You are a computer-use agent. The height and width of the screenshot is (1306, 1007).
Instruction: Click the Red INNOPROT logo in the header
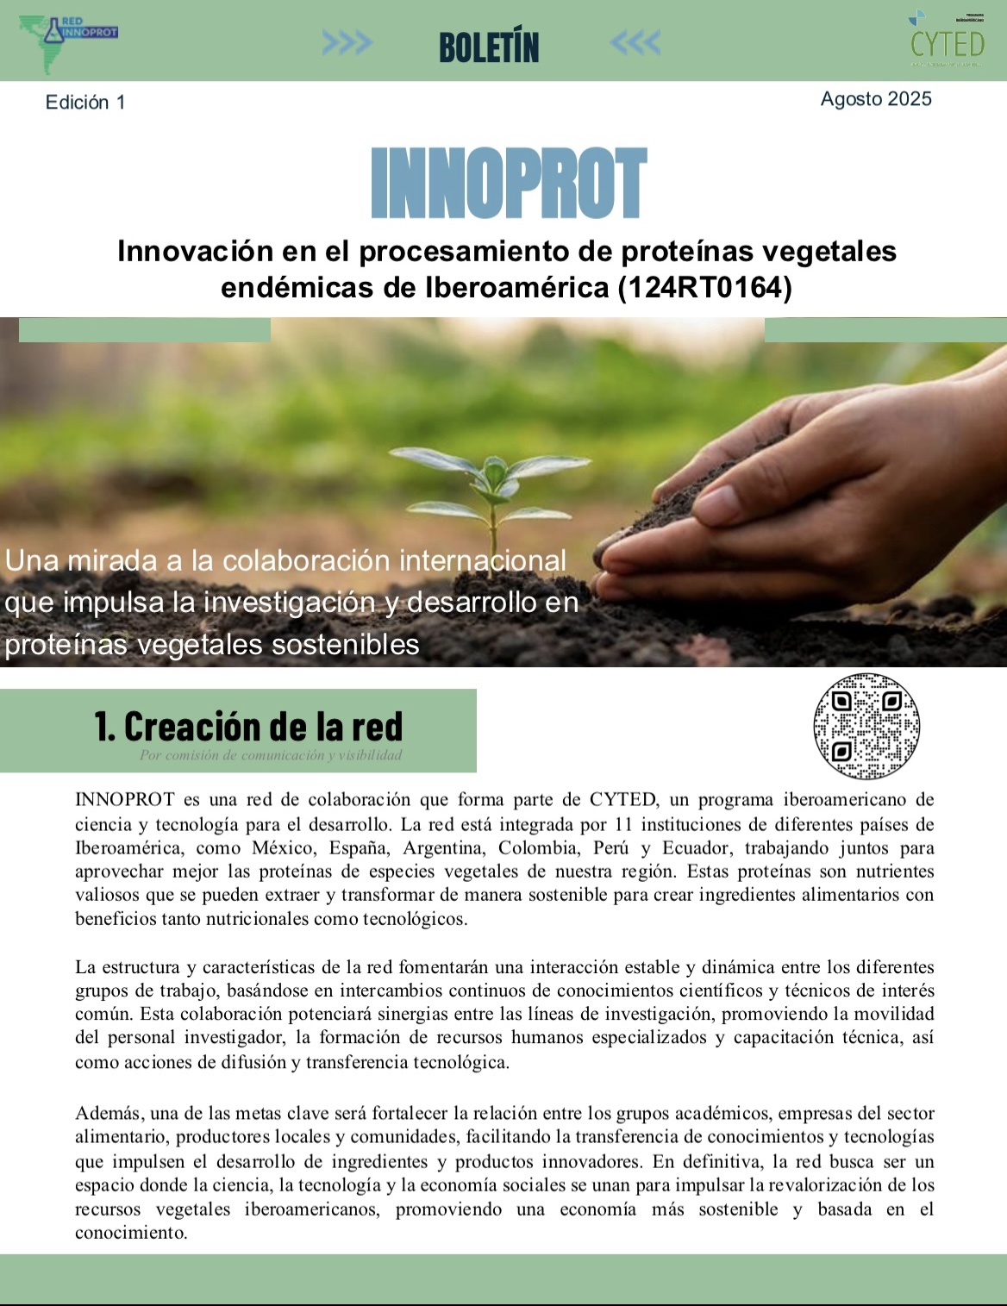[x=68, y=39]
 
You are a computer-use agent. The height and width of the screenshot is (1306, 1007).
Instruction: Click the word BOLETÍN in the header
[x=489, y=47]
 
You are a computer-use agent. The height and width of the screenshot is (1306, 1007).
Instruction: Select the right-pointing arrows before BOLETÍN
[x=347, y=42]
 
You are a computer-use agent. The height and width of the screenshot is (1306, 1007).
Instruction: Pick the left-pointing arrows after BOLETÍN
[x=635, y=42]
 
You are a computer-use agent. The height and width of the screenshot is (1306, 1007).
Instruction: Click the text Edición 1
[x=85, y=103]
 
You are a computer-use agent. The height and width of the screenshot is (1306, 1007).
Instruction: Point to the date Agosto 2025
[x=876, y=99]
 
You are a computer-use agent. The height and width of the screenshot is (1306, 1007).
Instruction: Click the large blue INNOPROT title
[x=508, y=184]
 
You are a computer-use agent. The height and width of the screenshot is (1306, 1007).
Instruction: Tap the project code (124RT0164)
[x=704, y=287]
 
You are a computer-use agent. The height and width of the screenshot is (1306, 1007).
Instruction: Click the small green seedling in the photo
[x=492, y=483]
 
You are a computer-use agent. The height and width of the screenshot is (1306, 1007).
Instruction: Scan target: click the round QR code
[x=866, y=726]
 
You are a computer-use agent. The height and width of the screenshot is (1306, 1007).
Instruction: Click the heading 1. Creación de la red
[x=248, y=727]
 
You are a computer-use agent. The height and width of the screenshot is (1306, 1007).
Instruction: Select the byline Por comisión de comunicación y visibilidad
[x=271, y=756]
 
